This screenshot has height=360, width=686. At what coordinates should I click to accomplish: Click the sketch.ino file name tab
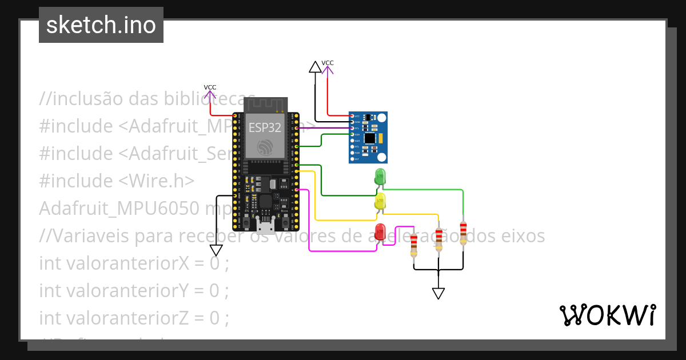point(101,25)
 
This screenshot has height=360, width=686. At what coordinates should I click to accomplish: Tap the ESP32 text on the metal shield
point(265,127)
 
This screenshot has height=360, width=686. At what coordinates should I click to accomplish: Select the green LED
point(380,177)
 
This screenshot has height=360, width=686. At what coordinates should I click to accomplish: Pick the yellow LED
point(380,202)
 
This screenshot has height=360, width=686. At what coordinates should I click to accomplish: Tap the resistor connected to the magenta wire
point(414,245)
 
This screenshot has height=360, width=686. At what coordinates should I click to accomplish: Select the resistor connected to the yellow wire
point(438,239)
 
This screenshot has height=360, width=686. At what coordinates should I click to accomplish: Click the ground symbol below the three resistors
point(438,293)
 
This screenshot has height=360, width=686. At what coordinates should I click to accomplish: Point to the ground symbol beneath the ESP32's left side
point(216,250)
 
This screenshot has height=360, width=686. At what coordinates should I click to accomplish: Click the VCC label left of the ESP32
point(210,87)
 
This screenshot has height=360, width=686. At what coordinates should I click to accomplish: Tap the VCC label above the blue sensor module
point(328,63)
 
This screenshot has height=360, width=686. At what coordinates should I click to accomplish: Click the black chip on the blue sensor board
point(370,138)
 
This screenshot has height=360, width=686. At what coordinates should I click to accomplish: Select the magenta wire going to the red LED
point(309,229)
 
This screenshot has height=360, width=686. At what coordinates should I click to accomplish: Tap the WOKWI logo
point(607,315)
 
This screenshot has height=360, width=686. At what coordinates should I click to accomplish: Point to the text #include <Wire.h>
point(117,181)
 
